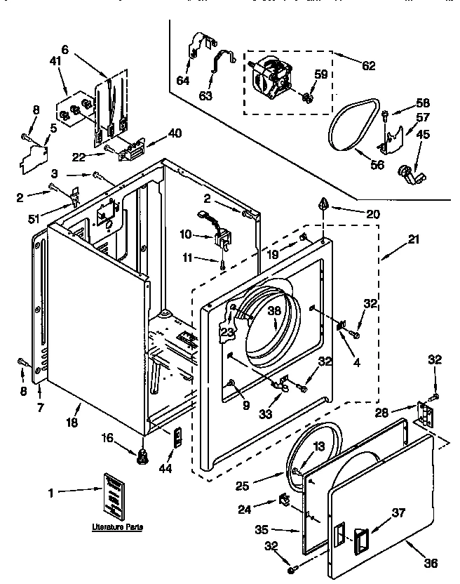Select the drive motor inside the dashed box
click(x=275, y=77)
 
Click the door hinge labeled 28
click(x=424, y=414)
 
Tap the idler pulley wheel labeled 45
click(x=406, y=171)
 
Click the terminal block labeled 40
click(x=132, y=147)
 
